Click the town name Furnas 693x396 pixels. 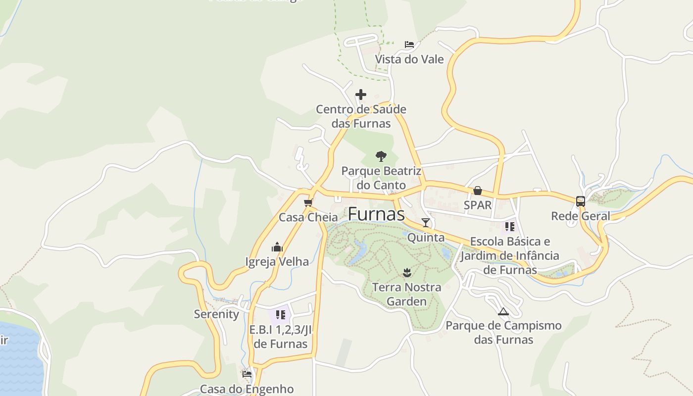376,214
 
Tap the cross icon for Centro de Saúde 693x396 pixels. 361,95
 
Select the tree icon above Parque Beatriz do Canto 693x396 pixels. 381,156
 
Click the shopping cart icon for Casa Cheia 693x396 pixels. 308,202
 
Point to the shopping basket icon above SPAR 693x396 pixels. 478,191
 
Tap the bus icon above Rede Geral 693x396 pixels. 581,201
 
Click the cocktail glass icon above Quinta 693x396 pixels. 426,223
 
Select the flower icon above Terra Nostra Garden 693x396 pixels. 407,272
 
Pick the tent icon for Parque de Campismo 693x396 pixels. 503,311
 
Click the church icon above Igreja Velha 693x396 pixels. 277,247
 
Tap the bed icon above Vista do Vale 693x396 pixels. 409,45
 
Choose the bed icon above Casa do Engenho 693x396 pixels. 247,374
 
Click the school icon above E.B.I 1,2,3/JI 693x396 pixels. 281,314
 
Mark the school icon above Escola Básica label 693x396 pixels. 510,227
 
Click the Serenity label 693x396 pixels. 216,314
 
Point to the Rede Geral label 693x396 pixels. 581,216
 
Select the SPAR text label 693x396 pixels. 478,205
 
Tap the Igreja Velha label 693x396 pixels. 277,261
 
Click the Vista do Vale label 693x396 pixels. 409,59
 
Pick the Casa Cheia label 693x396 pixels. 308,217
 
